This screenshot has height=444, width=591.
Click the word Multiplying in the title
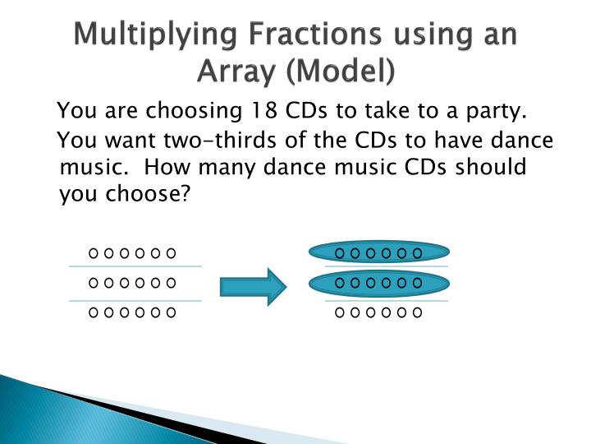145,36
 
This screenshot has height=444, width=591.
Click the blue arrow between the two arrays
252,285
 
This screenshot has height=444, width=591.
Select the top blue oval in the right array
378,252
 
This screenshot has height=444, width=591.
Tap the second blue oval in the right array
378,283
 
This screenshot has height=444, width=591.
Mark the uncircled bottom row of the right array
378,312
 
